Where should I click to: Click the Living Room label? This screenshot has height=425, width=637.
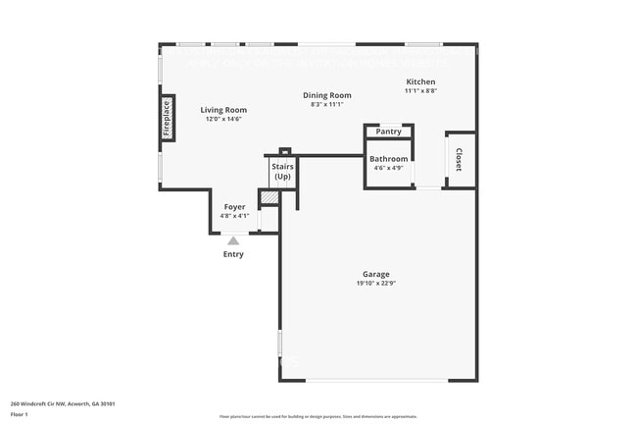click(223, 110)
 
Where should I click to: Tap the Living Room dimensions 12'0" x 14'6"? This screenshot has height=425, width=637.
click(223, 119)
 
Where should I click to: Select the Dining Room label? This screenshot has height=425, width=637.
click(326, 95)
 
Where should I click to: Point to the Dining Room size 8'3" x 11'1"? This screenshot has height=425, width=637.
click(326, 104)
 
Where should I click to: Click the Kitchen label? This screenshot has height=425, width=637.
click(420, 81)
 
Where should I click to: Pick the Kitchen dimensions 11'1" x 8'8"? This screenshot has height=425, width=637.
click(420, 90)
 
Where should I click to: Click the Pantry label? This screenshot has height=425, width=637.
click(389, 132)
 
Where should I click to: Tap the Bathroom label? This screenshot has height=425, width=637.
click(389, 158)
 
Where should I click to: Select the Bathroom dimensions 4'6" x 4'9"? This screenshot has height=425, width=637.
click(389, 167)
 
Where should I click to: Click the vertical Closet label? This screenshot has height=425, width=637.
click(458, 160)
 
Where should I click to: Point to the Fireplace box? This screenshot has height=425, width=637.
click(167, 118)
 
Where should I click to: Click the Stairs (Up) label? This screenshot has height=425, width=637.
click(282, 172)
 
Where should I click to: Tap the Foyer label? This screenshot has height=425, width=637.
click(234, 207)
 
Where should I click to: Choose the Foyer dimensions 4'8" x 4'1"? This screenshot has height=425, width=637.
click(234, 216)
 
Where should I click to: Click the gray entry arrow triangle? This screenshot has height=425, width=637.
click(233, 239)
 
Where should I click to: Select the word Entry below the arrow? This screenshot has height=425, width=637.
click(233, 254)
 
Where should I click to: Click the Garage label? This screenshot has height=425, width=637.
click(376, 274)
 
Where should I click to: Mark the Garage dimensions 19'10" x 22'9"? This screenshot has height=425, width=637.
click(376, 283)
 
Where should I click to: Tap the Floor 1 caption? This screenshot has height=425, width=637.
click(20, 415)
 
